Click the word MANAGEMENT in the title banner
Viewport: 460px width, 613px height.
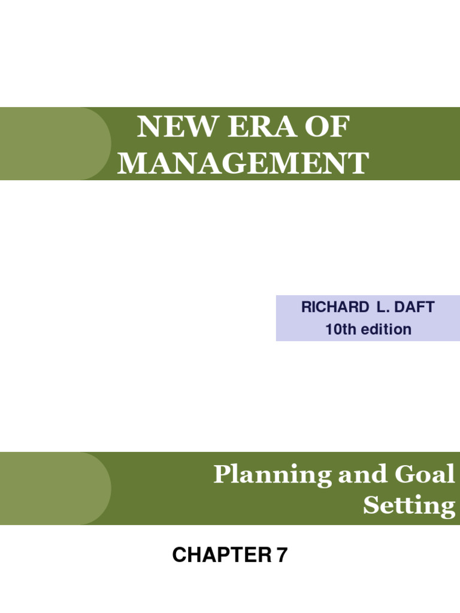(243, 163)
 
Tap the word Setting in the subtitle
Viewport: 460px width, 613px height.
(409, 506)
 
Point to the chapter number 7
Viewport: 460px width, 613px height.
(281, 556)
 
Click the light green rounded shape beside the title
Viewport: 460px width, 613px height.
(54, 144)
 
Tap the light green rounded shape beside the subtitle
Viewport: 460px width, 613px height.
(54, 488)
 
